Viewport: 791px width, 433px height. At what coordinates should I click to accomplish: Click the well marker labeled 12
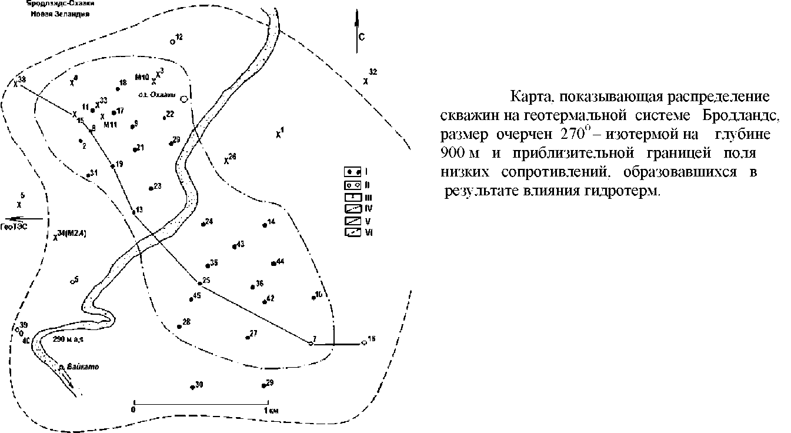[x=172, y=42]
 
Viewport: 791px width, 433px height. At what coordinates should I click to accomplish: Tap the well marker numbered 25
[x=200, y=284]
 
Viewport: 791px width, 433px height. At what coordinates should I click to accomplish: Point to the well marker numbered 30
[x=192, y=387]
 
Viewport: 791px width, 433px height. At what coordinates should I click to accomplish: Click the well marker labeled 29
[x=263, y=386]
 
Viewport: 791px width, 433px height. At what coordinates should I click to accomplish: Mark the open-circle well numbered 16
[x=364, y=343]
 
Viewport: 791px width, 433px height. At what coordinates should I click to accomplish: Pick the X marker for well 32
[x=365, y=81]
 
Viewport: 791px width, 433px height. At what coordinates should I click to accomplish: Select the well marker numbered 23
[x=151, y=189]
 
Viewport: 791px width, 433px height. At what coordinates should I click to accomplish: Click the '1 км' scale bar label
[x=271, y=410]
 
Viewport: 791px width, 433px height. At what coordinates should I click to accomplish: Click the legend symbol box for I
[x=352, y=172]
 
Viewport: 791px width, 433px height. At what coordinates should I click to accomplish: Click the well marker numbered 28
[x=179, y=327]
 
